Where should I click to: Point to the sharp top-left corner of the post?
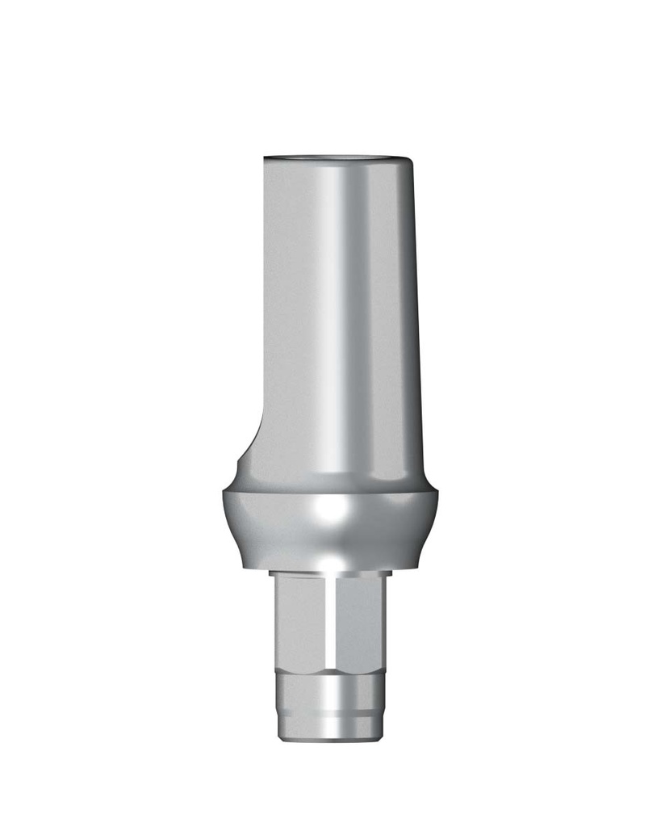[x=264, y=155]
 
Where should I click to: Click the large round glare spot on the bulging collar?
[x=333, y=510]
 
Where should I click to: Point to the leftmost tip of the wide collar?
[x=223, y=494]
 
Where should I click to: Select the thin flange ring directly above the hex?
[x=330, y=573]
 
